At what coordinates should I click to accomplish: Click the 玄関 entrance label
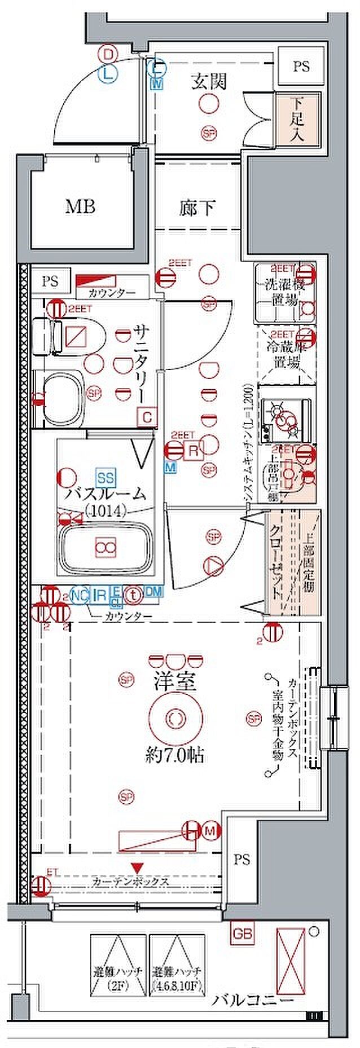[x=208, y=82]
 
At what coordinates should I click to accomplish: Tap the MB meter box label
[x=80, y=206]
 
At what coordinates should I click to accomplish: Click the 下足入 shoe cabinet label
[x=298, y=120]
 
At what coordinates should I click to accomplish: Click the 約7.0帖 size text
[x=174, y=755]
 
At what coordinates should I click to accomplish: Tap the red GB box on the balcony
[x=242, y=933]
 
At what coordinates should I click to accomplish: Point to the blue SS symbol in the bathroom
[x=106, y=478]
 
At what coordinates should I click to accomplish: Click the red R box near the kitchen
[x=192, y=451]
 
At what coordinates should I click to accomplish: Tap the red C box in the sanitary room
[x=147, y=417]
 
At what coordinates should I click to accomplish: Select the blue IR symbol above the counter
[x=99, y=594]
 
